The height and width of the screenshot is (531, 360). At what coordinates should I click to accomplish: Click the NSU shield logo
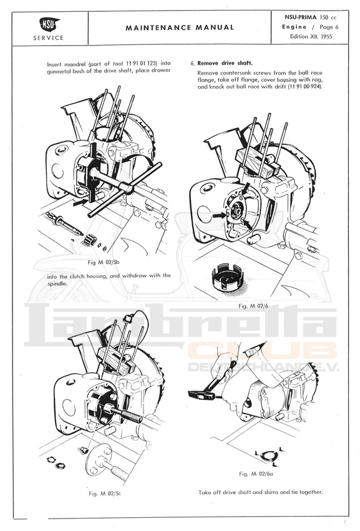click(49, 24)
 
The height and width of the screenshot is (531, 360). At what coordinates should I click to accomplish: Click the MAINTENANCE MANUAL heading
click(180, 28)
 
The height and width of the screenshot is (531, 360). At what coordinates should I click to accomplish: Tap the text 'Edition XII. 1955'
click(311, 37)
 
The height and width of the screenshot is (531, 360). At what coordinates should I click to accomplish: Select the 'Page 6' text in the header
click(329, 27)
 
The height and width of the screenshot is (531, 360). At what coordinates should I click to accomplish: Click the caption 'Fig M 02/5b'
click(104, 262)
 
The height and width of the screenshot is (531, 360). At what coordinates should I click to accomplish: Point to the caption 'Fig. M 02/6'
click(253, 306)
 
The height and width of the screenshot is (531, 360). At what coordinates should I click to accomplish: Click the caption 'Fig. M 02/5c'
click(105, 494)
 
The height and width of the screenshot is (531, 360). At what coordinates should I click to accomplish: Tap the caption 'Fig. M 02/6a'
click(256, 474)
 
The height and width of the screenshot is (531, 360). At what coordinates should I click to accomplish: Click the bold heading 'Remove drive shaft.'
click(225, 63)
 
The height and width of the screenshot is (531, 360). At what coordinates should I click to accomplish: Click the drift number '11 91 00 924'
click(304, 87)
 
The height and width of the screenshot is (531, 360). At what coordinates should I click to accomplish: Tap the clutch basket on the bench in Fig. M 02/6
click(227, 277)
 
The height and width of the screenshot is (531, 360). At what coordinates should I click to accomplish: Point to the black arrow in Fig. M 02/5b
click(81, 202)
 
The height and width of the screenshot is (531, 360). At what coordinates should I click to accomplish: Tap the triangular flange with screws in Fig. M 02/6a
click(268, 456)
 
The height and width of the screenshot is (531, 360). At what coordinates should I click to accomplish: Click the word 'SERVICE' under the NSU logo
click(49, 38)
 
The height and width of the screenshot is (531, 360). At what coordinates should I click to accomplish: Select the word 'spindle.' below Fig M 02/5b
click(57, 284)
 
